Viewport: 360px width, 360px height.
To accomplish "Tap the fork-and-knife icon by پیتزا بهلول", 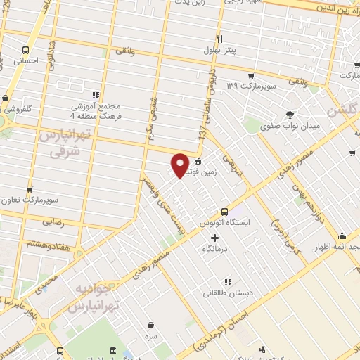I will [220, 39].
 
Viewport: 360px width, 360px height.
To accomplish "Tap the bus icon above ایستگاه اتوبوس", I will [224, 211].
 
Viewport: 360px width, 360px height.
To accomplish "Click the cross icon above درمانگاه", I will [215, 238].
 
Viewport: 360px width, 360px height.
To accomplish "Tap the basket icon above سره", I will [152, 324].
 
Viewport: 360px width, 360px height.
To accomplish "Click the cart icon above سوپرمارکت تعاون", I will [30, 189].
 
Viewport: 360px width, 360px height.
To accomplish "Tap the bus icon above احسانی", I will [26, 50].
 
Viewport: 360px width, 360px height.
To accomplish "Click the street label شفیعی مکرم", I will [151, 115].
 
